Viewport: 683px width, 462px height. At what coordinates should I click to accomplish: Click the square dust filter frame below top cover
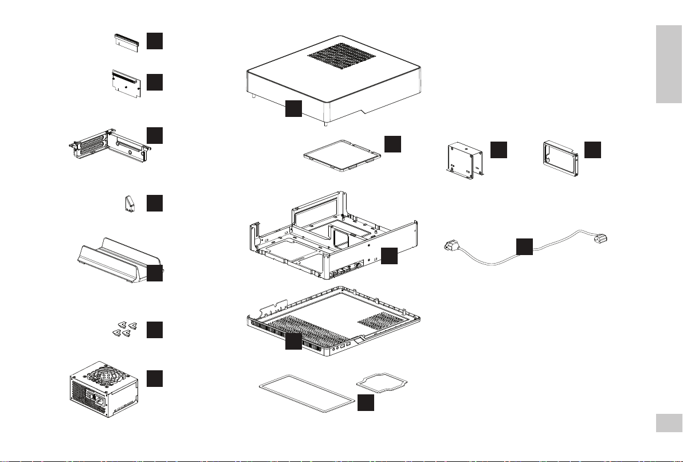341,154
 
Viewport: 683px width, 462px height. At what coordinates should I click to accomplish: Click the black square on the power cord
524,246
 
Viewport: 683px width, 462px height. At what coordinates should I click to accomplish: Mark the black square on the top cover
293,108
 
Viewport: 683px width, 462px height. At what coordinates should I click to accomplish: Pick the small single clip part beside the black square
129,204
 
